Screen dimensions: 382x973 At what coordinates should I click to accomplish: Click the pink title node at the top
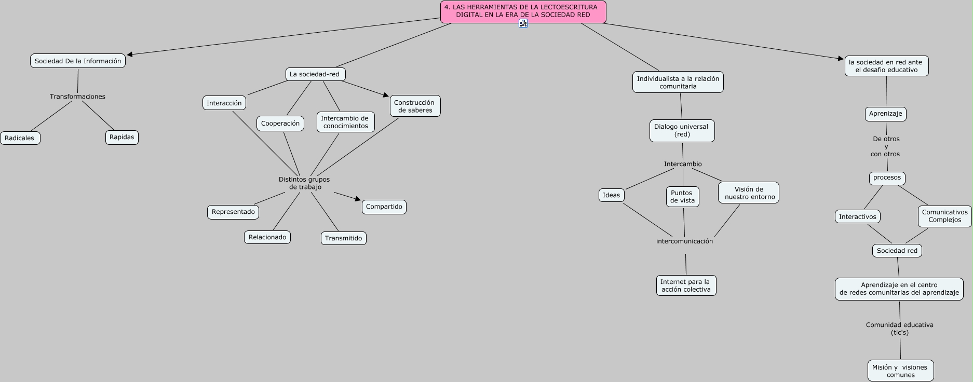(523, 11)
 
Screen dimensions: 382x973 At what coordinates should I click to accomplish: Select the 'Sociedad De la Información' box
(78, 61)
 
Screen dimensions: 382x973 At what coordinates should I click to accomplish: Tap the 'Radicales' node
(20, 138)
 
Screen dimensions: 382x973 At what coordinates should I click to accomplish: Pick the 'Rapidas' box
(122, 138)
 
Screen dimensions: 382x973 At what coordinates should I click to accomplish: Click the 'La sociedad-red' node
(315, 74)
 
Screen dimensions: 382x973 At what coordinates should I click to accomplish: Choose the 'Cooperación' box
(280, 124)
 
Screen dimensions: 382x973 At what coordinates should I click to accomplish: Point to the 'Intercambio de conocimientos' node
(345, 122)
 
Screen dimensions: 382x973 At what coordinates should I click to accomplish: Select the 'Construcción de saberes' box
(415, 106)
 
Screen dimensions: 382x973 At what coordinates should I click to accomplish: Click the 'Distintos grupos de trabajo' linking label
(305, 183)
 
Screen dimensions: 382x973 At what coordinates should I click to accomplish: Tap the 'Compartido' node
(384, 207)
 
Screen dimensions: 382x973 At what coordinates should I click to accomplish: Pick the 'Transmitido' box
(343, 238)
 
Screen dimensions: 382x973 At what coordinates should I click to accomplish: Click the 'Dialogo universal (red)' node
(682, 131)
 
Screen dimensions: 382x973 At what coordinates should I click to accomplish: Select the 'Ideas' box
(611, 195)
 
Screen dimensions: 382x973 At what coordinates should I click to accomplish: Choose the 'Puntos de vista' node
(682, 197)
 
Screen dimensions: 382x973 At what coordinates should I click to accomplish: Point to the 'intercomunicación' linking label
(684, 241)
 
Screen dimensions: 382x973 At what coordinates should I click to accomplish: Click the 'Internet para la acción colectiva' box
(686, 285)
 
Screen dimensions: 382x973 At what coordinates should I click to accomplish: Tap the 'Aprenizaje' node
(885, 114)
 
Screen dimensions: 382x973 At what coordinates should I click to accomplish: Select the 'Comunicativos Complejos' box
(944, 216)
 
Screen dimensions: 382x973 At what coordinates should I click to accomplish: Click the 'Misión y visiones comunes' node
(900, 371)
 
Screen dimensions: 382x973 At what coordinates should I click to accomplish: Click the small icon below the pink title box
(523, 23)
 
